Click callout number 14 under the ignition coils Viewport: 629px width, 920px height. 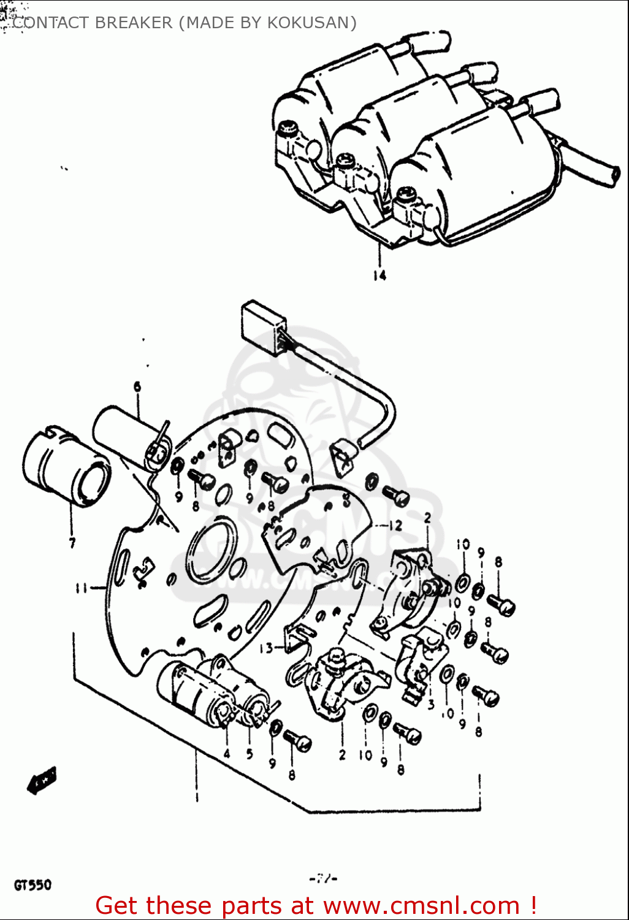click(379, 275)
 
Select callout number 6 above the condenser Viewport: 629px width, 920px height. click(137, 386)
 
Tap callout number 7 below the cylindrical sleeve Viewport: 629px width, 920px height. click(72, 543)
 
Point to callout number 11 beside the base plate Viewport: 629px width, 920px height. click(81, 588)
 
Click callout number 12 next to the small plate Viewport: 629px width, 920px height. click(395, 526)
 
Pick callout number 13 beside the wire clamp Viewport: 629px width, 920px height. click(266, 648)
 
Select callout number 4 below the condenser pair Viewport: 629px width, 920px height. click(227, 754)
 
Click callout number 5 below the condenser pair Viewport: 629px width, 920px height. click(250, 754)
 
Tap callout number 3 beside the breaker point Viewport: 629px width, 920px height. click(431, 704)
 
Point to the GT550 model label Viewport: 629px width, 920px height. click(33, 885)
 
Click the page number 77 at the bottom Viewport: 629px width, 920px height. click(324, 879)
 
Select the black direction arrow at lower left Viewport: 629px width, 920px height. click(42, 780)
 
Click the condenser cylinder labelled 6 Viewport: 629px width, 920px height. click(126, 436)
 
